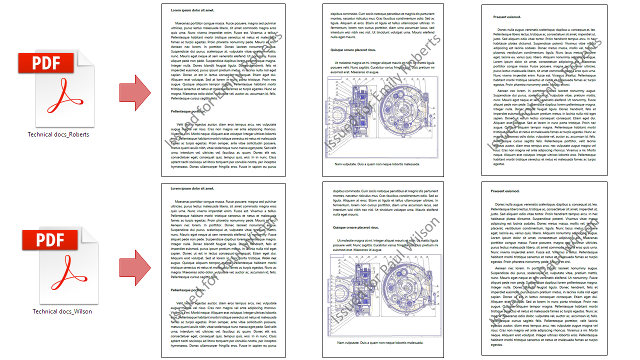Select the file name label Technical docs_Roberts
click(x=58, y=134)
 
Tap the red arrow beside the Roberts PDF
click(x=134, y=92)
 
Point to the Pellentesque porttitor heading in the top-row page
click(x=188, y=111)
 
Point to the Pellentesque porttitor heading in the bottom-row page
click(x=188, y=290)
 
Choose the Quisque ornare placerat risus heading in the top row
click(x=353, y=50)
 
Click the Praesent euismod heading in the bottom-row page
click(x=505, y=191)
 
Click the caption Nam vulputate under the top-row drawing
click(x=377, y=164)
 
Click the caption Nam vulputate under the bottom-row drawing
click(x=380, y=342)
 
